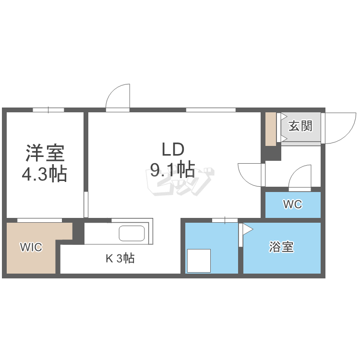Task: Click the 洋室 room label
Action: pos(45,153)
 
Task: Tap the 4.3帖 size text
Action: pos(45,173)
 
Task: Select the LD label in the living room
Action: pos(173,150)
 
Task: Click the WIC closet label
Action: pos(31,247)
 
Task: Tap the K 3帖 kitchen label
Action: pos(120,259)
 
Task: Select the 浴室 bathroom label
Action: pos(281,247)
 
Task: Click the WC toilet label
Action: pos(292,204)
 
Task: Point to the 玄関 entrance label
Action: pos(300,126)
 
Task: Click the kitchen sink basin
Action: pos(132,234)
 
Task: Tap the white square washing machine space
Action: pos(199,261)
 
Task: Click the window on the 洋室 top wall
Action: pos(48,110)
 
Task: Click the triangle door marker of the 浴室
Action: pos(248,229)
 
